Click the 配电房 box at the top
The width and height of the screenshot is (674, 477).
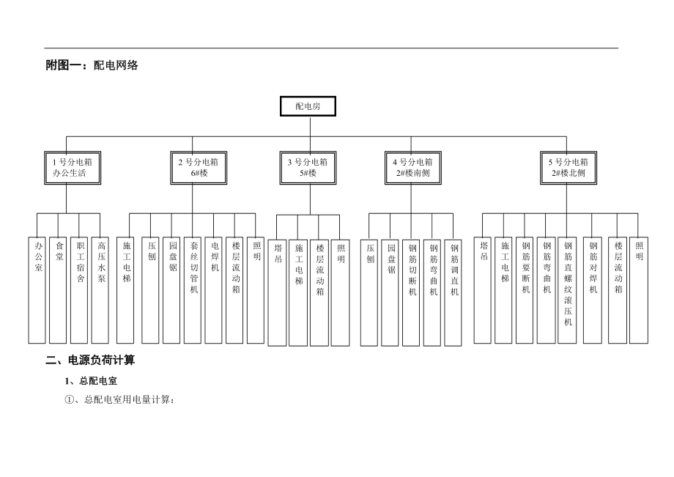309,106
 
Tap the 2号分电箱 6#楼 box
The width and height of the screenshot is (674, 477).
193,168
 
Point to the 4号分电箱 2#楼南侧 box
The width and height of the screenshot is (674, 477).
412,168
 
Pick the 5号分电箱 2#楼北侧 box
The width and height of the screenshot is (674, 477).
569,168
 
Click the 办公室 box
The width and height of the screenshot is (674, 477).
37,289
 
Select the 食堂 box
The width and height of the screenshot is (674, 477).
59,289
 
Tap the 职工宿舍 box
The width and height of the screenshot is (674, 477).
80,289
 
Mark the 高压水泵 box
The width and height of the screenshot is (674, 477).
101,289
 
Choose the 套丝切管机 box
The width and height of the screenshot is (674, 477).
193,289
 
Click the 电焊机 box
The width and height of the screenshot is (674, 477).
214,289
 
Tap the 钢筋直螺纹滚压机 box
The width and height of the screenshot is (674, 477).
568,289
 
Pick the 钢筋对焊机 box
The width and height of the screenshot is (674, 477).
593,289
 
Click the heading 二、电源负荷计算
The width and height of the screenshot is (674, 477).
90,360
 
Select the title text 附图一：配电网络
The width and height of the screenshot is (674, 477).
92,65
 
